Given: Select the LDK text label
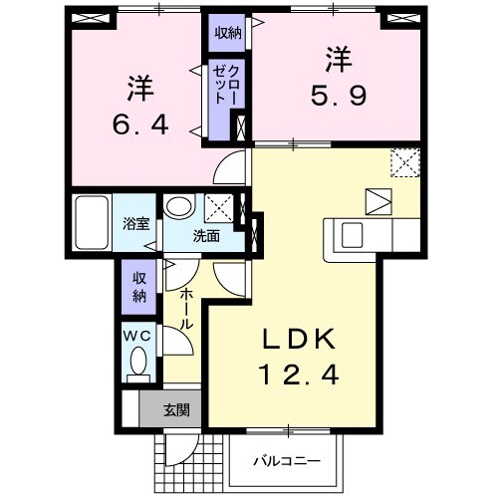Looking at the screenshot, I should [x=299, y=339].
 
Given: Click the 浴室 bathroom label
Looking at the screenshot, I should [x=136, y=224].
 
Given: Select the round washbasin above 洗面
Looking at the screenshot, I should [x=180, y=206].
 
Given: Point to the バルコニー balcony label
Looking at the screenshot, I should [x=285, y=461].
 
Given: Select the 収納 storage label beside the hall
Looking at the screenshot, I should [x=137, y=285].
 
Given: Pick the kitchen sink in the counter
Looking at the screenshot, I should [x=354, y=235].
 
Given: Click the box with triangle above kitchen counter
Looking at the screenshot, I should [x=377, y=200].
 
